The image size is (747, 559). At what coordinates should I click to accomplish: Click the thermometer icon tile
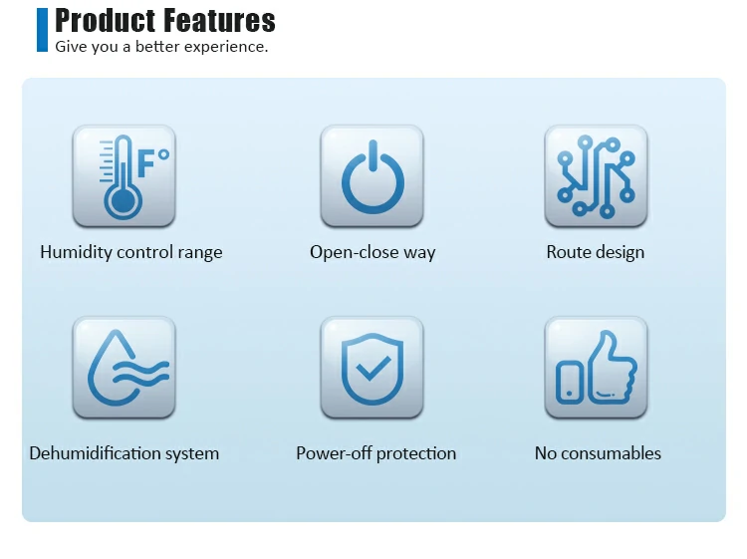124,175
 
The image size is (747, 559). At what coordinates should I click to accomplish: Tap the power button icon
372,175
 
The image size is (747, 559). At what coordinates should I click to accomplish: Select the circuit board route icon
596,175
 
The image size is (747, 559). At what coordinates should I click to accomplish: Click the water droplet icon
124,367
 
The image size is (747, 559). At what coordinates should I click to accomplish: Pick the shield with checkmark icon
372,367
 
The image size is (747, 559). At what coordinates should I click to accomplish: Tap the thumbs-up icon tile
596,367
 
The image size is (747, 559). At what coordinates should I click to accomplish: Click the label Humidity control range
131,252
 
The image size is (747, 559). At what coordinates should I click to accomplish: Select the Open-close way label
373,252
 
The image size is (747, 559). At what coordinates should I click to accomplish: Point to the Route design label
596,252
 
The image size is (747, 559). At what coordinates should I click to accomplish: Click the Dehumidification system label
124,453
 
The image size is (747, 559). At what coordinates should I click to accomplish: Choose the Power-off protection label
375,453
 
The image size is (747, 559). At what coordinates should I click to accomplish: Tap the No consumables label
598,453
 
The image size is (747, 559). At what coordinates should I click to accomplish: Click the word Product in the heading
106,20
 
